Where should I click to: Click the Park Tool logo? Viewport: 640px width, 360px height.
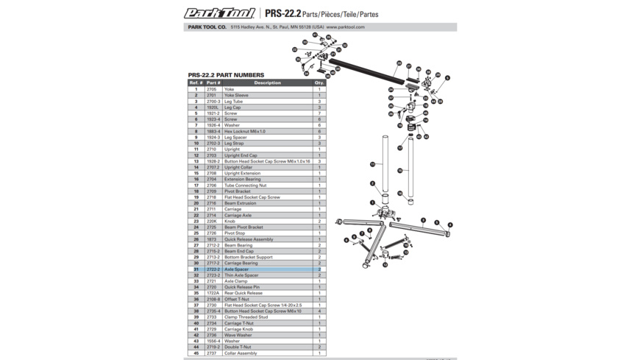pyautogui.click(x=219, y=13)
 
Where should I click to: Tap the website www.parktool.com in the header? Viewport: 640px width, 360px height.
pyautogui.click(x=346, y=27)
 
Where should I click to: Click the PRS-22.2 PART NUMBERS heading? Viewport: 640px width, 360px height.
pyautogui.click(x=226, y=75)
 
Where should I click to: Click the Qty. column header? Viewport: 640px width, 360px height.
pyautogui.click(x=319, y=83)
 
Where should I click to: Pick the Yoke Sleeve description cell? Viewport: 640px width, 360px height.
pyautogui.click(x=237, y=96)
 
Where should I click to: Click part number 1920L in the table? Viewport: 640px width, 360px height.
pyautogui.click(x=213, y=107)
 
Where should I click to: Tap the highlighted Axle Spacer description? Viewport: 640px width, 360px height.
pyautogui.click(x=236, y=269)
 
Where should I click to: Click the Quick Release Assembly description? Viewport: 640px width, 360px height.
pyautogui.click(x=249, y=239)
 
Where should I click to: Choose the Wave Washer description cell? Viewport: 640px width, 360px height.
pyautogui.click(x=238, y=335)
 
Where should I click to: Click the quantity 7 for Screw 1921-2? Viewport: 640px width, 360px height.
pyautogui.click(x=319, y=113)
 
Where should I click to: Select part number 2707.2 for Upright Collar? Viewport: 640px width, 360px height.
pyautogui.click(x=213, y=167)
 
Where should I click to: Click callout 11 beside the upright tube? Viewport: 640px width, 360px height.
pyautogui.click(x=372, y=164)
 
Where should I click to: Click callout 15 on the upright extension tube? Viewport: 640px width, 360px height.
pyautogui.click(x=400, y=170)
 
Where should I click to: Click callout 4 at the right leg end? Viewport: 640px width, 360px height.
pyautogui.click(x=450, y=225)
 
